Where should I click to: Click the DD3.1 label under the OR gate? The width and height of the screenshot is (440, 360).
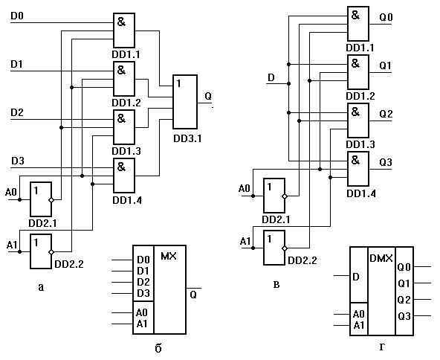(187, 138)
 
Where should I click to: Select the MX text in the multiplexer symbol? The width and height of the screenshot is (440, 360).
(169, 256)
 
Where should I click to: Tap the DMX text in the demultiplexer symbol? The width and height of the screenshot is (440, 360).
(381, 258)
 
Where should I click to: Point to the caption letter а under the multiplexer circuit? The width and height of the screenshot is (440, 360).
(42, 288)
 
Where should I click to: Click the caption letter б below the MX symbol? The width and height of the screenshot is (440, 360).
(158, 348)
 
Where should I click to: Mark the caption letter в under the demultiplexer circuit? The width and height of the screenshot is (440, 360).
(276, 285)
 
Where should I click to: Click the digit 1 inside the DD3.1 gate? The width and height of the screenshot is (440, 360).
(178, 83)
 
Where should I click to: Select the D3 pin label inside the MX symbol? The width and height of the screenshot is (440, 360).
(143, 293)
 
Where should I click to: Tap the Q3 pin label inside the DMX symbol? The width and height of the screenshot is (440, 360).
(404, 316)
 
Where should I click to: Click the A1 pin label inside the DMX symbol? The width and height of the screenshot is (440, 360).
(359, 326)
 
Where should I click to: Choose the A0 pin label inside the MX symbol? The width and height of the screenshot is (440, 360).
(142, 312)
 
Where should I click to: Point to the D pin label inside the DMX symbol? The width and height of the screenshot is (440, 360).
(356, 277)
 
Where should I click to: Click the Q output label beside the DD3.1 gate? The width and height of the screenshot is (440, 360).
(208, 96)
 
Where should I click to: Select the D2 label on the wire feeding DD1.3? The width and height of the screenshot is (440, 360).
(17, 112)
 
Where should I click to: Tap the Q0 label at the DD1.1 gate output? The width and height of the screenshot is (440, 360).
(386, 17)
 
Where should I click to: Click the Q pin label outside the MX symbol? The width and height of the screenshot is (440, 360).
(193, 295)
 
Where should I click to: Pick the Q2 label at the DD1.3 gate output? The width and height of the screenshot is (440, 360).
(386, 114)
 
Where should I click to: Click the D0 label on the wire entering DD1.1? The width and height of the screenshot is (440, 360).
(17, 16)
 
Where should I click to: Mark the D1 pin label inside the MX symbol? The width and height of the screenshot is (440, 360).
(143, 271)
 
